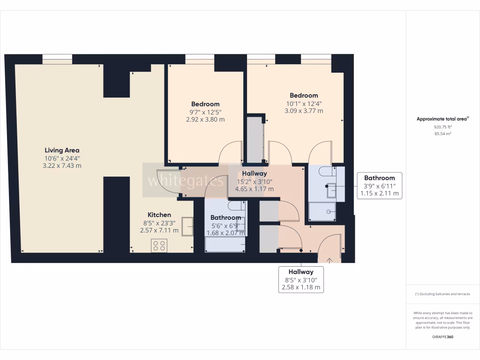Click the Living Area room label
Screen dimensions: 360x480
coord(62,150)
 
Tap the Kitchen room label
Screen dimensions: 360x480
coord(159,215)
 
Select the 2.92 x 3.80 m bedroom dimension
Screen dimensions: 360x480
coord(205,120)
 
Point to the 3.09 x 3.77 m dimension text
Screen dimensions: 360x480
coord(304,111)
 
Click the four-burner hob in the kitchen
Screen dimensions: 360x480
coord(159,245)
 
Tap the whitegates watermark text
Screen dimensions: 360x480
coord(186,180)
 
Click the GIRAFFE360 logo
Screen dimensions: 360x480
coord(442,337)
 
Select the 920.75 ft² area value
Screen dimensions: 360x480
coord(442,127)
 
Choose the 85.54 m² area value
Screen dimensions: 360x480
coord(442,134)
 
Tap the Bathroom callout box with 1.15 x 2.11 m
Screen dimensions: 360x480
coord(379,186)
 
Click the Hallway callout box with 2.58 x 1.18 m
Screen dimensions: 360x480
coord(300,279)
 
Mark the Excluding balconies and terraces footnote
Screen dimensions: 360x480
coord(442,294)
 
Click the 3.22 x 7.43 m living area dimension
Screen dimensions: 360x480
coord(62,166)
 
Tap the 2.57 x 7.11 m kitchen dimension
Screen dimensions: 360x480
coord(159,231)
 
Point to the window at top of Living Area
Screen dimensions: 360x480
coord(57,59)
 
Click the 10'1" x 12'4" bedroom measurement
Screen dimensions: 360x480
coord(304,104)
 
